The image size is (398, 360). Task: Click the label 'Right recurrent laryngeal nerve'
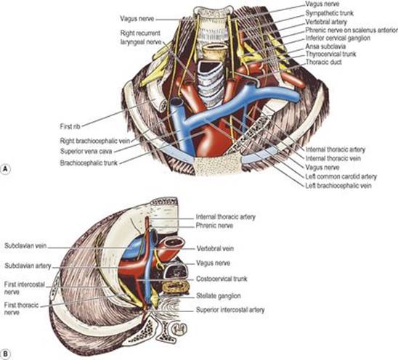tap(141, 37)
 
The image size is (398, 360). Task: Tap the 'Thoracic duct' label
tap(324, 62)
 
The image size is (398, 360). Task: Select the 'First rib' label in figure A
tap(70, 126)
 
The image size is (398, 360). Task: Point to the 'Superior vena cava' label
tap(86, 151)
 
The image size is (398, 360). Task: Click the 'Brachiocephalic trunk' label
tap(89, 163)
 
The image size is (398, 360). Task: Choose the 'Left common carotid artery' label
tap(341, 176)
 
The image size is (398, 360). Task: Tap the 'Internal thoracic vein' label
tap(333, 158)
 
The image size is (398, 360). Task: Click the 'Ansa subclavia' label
tap(325, 46)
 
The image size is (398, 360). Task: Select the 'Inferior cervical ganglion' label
tap(338, 38)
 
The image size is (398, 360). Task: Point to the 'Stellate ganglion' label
tap(219, 296)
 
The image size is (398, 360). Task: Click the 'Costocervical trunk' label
tap(222, 279)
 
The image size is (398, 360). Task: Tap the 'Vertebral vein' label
tap(215, 248)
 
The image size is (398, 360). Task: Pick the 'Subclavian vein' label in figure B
tap(25, 245)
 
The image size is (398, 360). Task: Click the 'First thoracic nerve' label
tap(21, 308)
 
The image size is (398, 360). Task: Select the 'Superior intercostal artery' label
tap(230, 310)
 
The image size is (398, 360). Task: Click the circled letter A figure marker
tap(6, 169)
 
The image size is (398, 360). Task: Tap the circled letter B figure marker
tap(6, 354)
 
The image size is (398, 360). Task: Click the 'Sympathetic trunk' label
tap(329, 13)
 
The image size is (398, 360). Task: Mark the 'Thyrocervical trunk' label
tap(330, 54)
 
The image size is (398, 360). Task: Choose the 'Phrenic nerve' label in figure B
tap(214, 225)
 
